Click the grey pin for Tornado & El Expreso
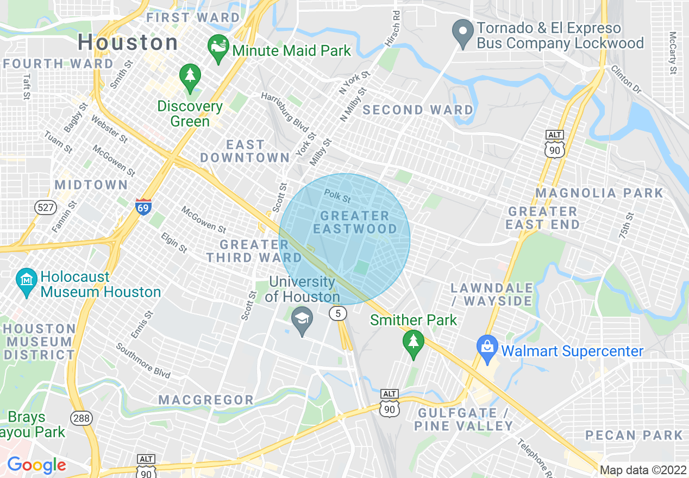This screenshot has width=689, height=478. tap(463, 33)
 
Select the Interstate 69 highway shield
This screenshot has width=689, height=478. tap(143, 207)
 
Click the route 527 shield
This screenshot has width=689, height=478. tap(43, 206)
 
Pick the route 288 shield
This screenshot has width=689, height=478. tap(80, 418)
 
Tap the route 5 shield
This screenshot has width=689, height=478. tap(338, 313)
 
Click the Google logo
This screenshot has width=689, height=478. tap(36, 465)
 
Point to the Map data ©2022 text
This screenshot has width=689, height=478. tap(643, 470)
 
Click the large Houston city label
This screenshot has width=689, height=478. tap(128, 42)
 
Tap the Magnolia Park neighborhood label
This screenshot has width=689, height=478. tap(599, 193)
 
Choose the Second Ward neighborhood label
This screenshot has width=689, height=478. tap(418, 110)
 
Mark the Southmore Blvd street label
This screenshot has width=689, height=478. tap(143, 361)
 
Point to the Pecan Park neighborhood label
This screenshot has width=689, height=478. tap(634, 435)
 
